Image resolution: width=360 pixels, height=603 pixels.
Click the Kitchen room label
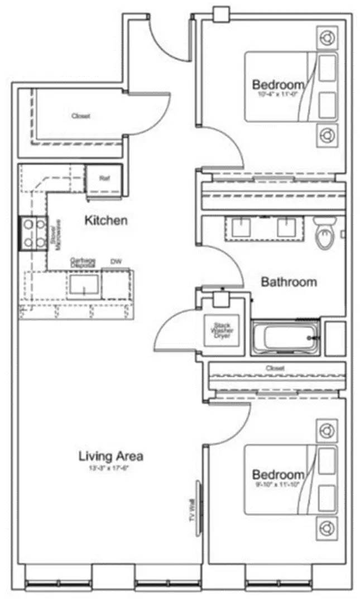point(105,221)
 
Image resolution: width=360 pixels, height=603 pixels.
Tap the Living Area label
point(111,456)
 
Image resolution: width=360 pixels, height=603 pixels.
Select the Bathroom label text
point(289,282)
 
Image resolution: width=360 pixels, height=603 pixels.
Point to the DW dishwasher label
point(116,261)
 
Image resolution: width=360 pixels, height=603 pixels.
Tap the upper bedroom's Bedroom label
point(279,85)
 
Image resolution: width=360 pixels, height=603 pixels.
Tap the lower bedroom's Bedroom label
point(279,475)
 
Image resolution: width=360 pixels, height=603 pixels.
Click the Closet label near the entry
point(80,116)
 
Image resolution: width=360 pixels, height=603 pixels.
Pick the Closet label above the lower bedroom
point(275,368)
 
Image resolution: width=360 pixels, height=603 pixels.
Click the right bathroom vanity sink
point(289,226)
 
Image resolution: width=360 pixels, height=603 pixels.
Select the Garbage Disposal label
point(83,262)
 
